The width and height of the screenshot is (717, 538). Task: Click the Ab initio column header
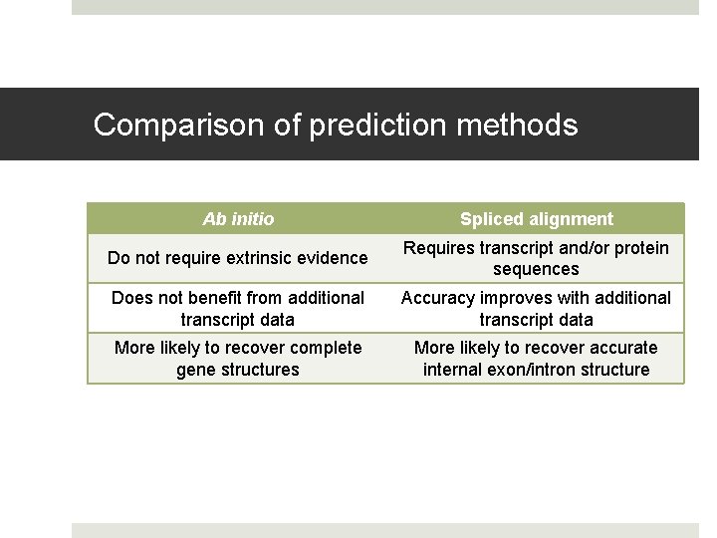(238, 219)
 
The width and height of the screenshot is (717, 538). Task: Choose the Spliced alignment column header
(536, 219)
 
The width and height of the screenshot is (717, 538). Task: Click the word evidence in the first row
(334, 258)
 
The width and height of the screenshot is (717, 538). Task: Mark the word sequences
(536, 269)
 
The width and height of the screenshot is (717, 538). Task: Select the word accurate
(622, 348)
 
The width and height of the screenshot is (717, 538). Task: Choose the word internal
(453, 370)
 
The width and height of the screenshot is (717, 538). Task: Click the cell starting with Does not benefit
(238, 309)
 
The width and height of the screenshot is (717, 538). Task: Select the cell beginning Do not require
(238, 258)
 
